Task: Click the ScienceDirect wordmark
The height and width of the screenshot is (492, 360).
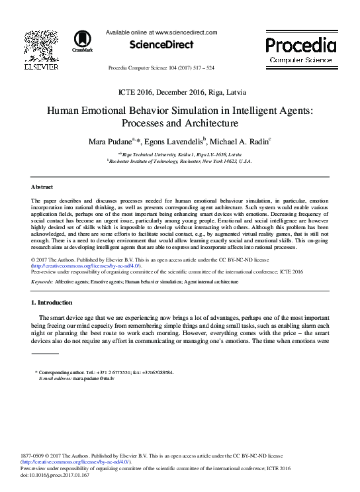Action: pyautogui.click(x=161, y=45)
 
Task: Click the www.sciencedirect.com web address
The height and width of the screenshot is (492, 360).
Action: pyautogui.click(x=187, y=32)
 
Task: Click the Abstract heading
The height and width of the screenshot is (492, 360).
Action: pyautogui.click(x=42, y=187)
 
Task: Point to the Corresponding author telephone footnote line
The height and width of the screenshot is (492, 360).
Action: pyautogui.click(x=106, y=372)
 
